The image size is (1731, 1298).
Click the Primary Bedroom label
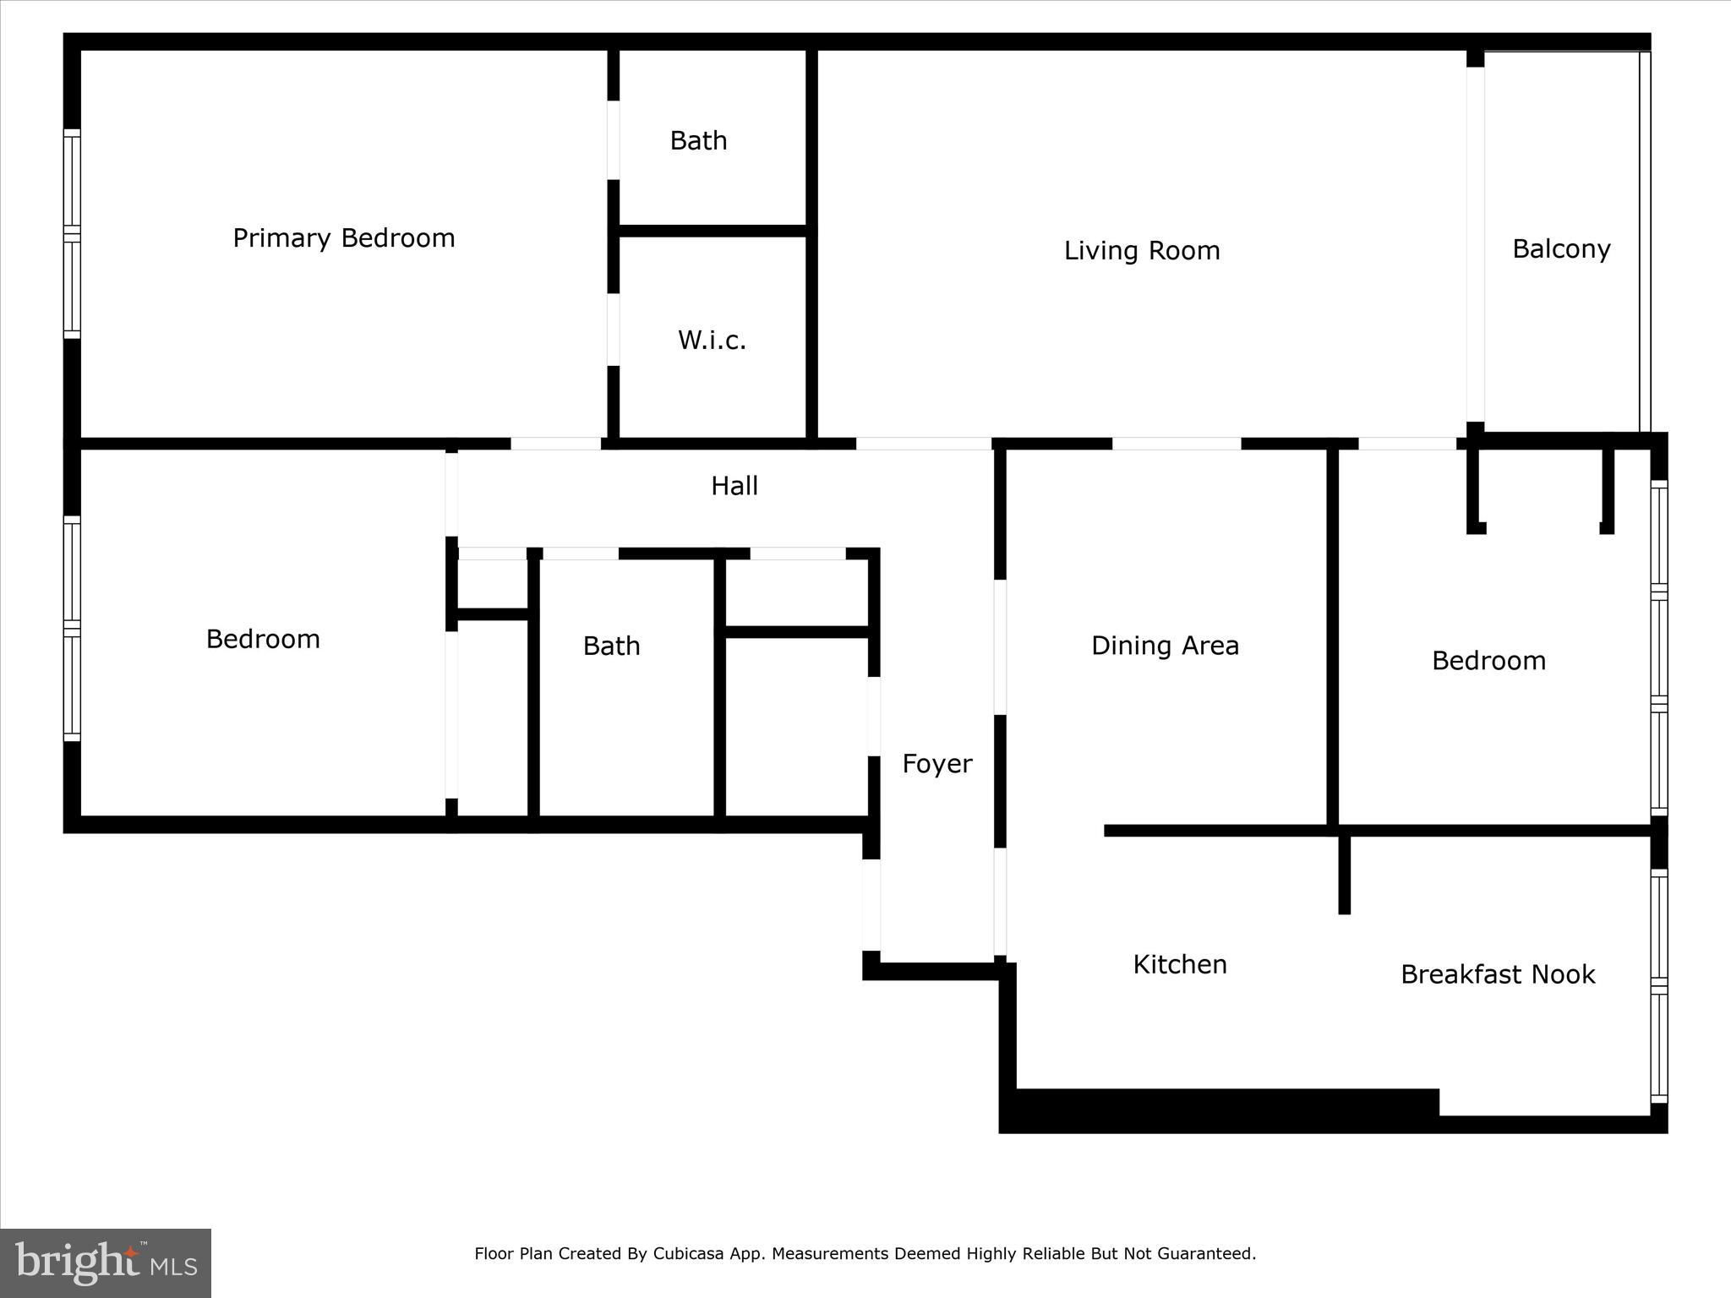[x=344, y=238]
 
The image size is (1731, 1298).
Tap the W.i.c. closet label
[x=712, y=341]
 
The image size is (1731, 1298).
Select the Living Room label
[x=1142, y=251]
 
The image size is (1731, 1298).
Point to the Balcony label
[x=1561, y=249]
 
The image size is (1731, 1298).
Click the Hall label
[x=734, y=486]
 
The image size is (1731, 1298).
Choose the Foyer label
[x=937, y=764]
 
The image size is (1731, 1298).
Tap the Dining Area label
[x=1165, y=646]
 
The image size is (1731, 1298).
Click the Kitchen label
[x=1180, y=964]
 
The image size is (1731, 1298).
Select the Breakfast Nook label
[x=1498, y=974]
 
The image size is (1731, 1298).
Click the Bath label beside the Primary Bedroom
[x=698, y=140]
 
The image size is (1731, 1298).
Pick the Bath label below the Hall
[x=611, y=646]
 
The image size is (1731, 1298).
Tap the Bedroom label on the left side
[x=263, y=639]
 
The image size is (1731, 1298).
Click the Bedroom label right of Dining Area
[x=1488, y=661]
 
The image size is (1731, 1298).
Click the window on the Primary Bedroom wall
[x=72, y=234]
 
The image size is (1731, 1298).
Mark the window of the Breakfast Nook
[x=1659, y=986]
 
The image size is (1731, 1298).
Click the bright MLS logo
[x=106, y=1263]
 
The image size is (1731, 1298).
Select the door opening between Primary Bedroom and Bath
[x=614, y=140]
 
